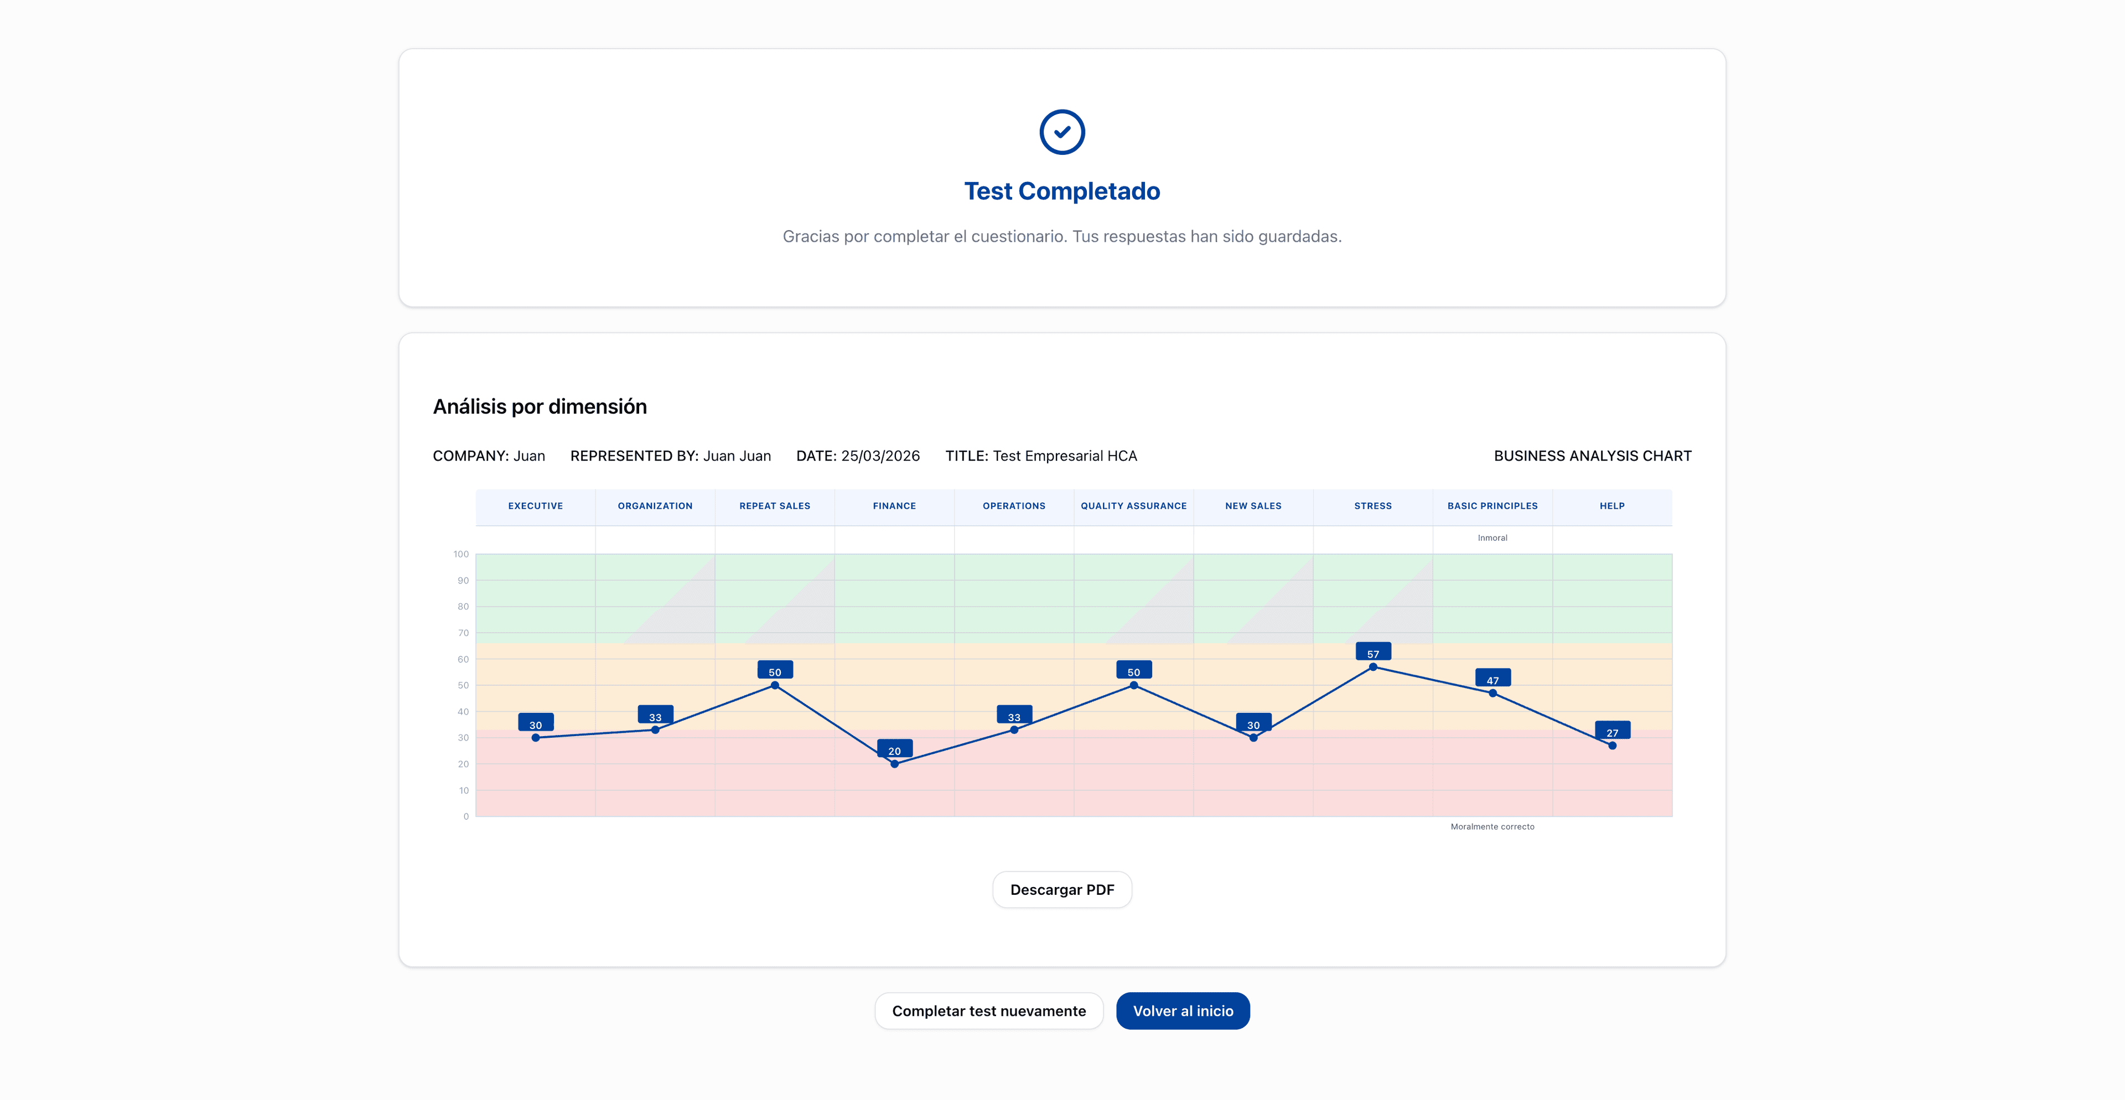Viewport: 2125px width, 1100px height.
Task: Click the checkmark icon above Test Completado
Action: [1062, 132]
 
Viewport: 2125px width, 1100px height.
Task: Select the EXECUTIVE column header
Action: [535, 506]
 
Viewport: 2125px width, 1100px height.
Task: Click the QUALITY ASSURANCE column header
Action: [1133, 506]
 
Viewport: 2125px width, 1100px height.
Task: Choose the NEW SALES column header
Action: [1253, 506]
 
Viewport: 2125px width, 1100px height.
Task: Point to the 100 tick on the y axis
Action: [461, 554]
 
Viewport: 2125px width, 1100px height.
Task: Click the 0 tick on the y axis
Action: [466, 816]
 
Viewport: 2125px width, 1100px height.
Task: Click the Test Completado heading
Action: [1062, 191]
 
